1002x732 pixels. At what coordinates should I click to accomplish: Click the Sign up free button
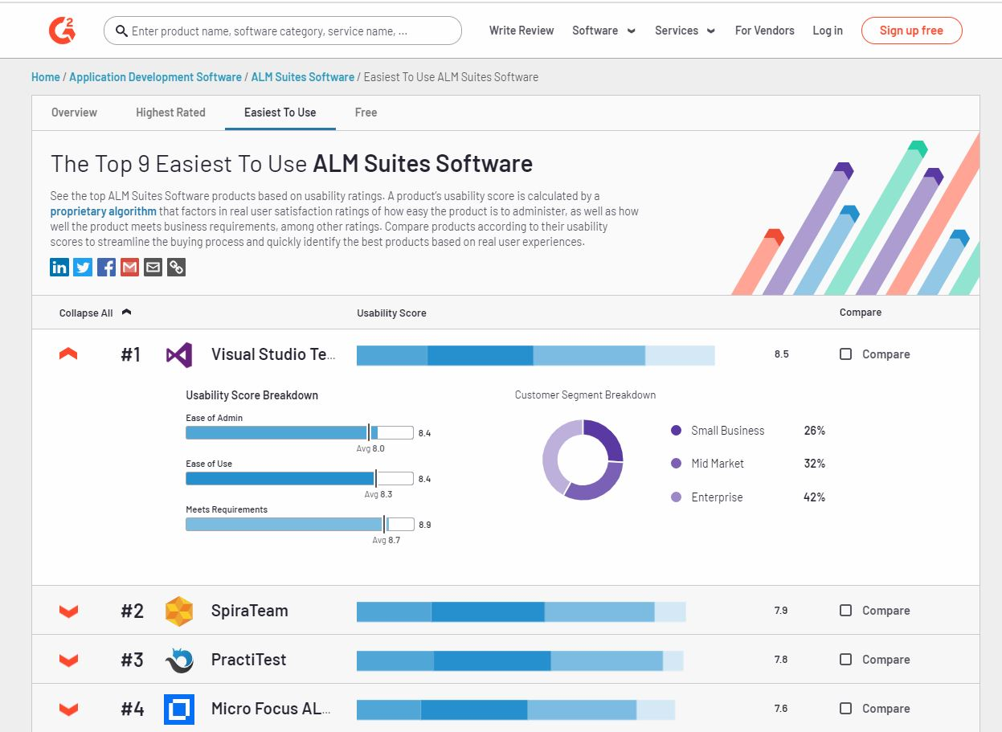(x=911, y=31)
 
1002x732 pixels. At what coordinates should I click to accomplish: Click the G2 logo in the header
(x=62, y=31)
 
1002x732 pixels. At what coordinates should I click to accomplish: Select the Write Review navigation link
(x=521, y=31)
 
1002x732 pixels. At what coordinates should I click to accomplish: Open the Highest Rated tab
(x=170, y=112)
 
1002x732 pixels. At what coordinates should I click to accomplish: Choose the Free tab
(x=366, y=112)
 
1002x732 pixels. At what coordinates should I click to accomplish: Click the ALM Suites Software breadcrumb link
(x=302, y=77)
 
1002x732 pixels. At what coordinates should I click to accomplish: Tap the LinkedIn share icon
(x=59, y=268)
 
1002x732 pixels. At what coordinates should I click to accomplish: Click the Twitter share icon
(x=83, y=268)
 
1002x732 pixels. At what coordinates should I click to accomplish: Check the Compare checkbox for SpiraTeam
(x=845, y=611)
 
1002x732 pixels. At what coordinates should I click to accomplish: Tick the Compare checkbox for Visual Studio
(x=845, y=354)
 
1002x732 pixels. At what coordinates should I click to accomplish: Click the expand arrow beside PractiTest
(x=69, y=660)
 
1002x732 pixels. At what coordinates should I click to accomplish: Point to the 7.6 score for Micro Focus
(x=781, y=709)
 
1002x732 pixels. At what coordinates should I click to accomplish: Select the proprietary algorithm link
(x=103, y=211)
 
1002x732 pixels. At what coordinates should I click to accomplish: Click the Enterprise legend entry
(x=717, y=497)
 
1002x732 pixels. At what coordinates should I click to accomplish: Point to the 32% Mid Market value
(x=814, y=464)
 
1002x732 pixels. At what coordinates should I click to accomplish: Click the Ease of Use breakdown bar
(x=280, y=479)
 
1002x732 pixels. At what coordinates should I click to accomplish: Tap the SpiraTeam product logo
(x=178, y=611)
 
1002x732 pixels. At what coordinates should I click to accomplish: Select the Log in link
(x=828, y=31)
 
